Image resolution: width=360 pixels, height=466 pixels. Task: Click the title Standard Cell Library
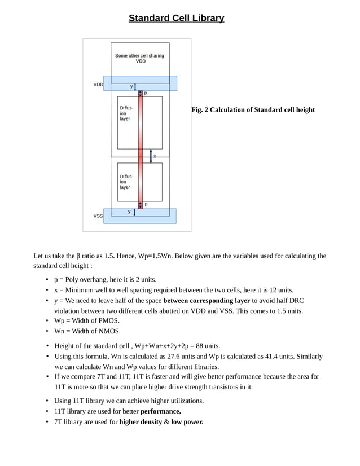click(176, 18)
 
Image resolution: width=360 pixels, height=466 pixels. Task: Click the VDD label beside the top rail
click(98, 85)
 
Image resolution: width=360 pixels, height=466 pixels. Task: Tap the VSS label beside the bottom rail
click(98, 216)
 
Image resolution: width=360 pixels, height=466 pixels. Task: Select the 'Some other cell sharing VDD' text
click(140, 58)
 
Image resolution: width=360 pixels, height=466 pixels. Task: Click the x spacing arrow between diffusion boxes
click(151, 156)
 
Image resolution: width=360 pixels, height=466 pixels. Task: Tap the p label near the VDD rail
click(146, 93)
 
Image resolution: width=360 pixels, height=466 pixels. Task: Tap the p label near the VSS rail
click(146, 204)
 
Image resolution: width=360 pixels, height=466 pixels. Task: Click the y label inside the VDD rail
click(131, 86)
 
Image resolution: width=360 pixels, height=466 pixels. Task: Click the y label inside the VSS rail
click(129, 212)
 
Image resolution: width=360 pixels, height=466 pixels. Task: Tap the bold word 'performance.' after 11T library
click(161, 411)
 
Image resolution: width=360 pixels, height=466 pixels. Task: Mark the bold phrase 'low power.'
click(187, 421)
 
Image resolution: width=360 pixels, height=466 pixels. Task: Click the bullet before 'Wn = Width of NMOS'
click(47, 332)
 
